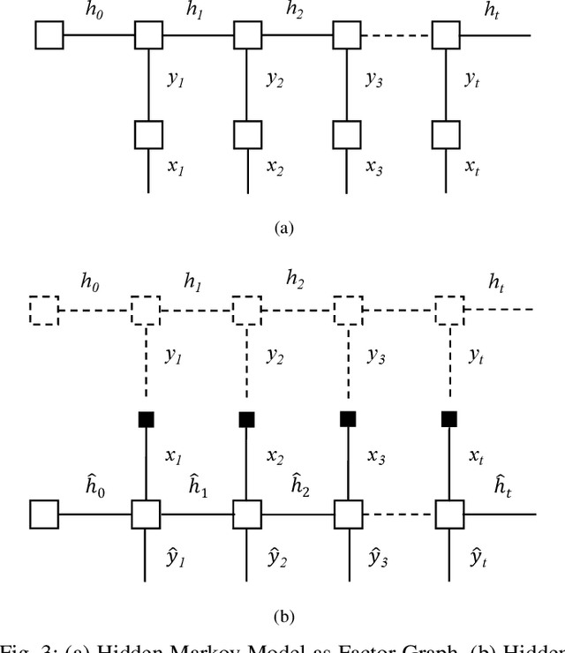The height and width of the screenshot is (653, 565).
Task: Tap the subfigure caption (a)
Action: (x=282, y=228)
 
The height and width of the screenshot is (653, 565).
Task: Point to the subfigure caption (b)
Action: (x=282, y=617)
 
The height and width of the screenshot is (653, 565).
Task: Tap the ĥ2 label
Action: (x=300, y=484)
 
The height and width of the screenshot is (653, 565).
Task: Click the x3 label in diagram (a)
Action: (x=375, y=167)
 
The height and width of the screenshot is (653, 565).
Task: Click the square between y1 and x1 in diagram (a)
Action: (x=148, y=134)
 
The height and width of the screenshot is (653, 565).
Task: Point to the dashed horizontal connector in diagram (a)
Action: (x=397, y=35)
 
